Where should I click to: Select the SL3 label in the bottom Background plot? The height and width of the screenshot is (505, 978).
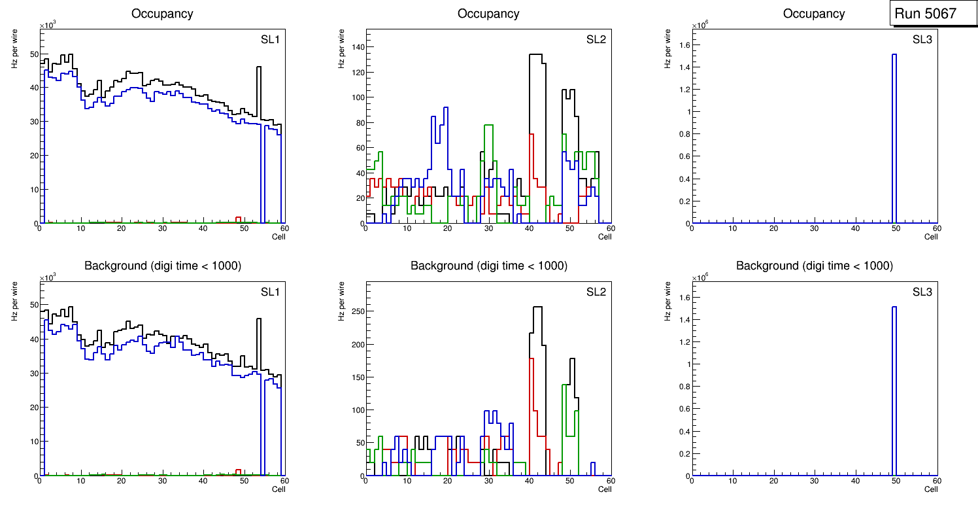pyautogui.click(x=922, y=292)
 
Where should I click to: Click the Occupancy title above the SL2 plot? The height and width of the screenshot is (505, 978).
pyautogui.click(x=488, y=13)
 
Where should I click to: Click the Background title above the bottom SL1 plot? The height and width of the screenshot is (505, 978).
pyautogui.click(x=163, y=266)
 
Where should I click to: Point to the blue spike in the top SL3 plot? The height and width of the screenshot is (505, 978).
pyautogui.click(x=894, y=131)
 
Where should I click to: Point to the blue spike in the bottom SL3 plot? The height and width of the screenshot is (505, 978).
pyautogui.click(x=894, y=386)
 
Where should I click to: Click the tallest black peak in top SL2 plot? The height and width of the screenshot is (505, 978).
pyautogui.click(x=537, y=55)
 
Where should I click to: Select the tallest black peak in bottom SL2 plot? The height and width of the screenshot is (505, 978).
pyautogui.click(x=537, y=307)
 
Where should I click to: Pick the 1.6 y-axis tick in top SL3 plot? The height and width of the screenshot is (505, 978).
pyautogui.click(x=684, y=44)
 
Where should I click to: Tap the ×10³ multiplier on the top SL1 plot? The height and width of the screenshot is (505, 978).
pyautogui.click(x=48, y=25)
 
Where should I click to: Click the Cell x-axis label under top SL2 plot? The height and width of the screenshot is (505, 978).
pyautogui.click(x=605, y=237)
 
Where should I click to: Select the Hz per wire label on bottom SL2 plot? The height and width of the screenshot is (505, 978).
pyautogui.click(x=341, y=301)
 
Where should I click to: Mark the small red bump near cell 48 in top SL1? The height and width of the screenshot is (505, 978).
pyautogui.click(x=239, y=218)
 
